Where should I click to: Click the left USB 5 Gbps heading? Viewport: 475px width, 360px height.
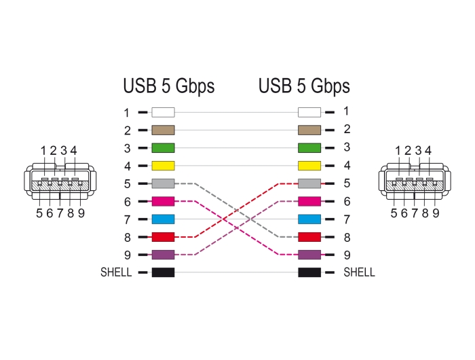(x=169, y=86)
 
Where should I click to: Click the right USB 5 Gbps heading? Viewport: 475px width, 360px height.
(x=304, y=86)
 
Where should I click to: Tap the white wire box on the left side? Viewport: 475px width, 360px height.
(x=163, y=112)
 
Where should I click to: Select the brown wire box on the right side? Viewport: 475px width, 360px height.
(x=309, y=130)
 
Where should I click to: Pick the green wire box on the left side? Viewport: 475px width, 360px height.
(x=163, y=148)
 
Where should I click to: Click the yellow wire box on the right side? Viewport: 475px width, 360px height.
(x=309, y=166)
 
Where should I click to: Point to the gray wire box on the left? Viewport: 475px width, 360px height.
(x=163, y=183)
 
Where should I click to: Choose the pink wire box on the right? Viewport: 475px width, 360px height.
(x=309, y=201)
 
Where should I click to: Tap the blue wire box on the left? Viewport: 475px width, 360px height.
(x=163, y=219)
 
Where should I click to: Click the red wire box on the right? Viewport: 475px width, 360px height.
(x=309, y=237)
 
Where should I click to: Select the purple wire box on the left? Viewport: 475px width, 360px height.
(x=163, y=255)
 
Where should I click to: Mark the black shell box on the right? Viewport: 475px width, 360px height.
(x=309, y=272)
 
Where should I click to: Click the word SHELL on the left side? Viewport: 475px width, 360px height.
(x=116, y=272)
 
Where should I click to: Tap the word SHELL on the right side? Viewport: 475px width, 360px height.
(x=359, y=272)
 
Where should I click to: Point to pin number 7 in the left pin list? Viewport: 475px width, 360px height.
(x=128, y=220)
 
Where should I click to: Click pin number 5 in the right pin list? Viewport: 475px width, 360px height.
(x=347, y=183)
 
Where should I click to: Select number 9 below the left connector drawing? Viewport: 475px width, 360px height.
(x=81, y=213)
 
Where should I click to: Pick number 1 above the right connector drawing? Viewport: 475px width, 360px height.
(x=398, y=151)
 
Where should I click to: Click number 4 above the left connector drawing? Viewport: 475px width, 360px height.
(x=73, y=151)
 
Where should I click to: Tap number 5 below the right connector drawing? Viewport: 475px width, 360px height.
(x=394, y=213)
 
